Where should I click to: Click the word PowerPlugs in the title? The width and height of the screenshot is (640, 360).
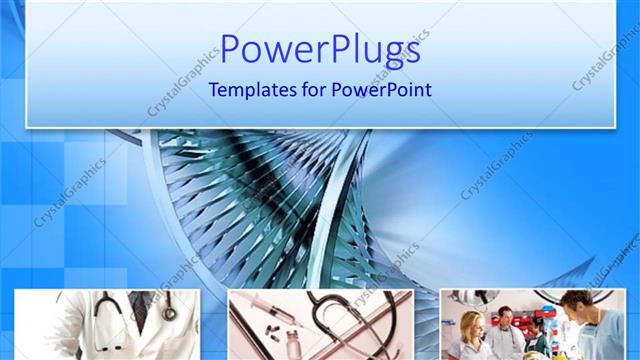(x=320, y=49)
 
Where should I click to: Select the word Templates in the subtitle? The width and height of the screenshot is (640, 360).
(x=250, y=89)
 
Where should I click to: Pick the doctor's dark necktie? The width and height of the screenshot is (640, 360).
(x=139, y=314)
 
